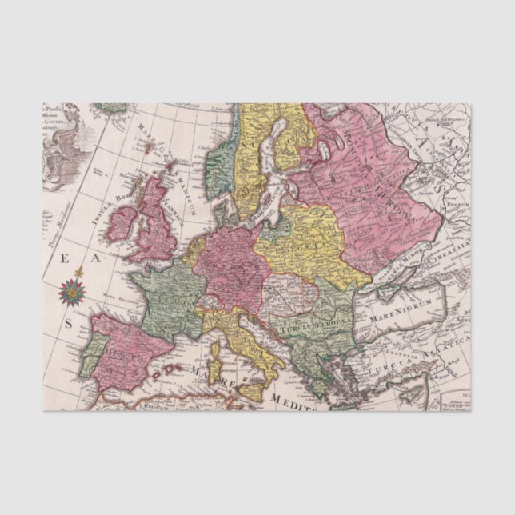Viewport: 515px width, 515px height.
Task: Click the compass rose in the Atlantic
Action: [x=71, y=292]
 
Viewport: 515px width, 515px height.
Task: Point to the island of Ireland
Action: [x=122, y=224]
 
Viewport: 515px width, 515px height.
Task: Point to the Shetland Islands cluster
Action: [x=170, y=168]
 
